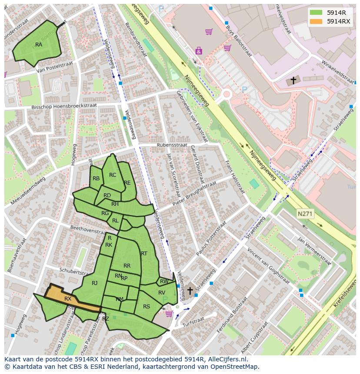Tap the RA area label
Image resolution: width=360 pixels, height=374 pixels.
pyautogui.click(x=39, y=45)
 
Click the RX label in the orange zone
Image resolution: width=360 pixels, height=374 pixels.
pyautogui.click(x=68, y=299)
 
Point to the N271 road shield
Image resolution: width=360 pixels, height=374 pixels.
pyautogui.click(x=305, y=214)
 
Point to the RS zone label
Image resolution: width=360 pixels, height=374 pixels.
pyautogui.click(x=147, y=306)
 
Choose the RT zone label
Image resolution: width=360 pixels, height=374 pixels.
pyautogui.click(x=144, y=253)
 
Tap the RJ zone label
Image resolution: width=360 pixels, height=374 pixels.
pyautogui.click(x=95, y=283)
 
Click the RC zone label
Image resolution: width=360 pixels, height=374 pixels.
pyautogui.click(x=113, y=175)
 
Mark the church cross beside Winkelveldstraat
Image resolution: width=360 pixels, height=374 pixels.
pyautogui.click(x=293, y=80)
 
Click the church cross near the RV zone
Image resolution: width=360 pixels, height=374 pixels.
pyautogui.click(x=190, y=290)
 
